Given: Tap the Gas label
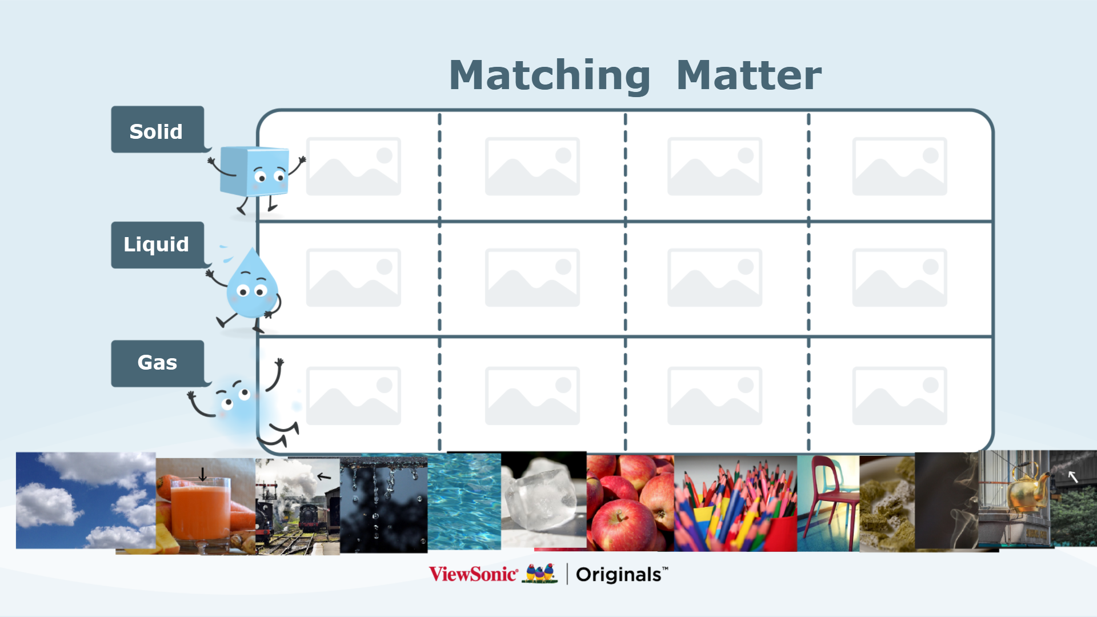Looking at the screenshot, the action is point(157,363).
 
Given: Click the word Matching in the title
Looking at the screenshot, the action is point(550,76).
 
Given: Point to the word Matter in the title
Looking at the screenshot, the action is point(748,75).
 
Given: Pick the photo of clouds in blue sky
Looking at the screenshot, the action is point(86,500).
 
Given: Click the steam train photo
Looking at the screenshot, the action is point(298,506).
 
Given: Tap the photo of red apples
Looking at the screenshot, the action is point(631,503).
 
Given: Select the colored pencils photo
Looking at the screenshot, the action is point(736,503).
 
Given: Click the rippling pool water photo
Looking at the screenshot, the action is point(464,502).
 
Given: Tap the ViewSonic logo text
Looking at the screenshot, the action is point(473,574).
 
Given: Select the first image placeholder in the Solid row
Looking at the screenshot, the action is point(354,166).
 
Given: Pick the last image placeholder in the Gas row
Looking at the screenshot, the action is point(900,396).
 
